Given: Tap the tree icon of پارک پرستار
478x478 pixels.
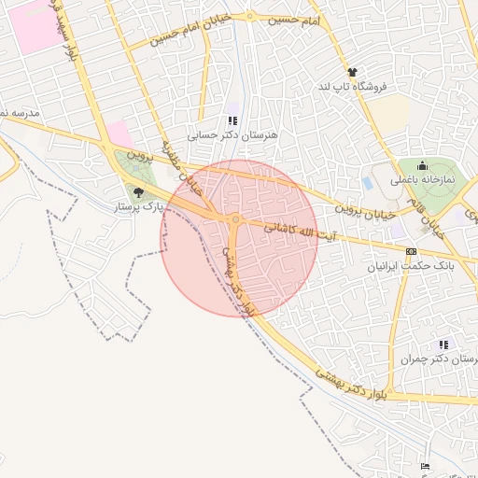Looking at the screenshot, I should point(139,193).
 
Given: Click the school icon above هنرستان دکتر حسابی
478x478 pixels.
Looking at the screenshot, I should point(233,120).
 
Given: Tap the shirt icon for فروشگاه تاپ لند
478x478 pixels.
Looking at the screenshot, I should point(351,72).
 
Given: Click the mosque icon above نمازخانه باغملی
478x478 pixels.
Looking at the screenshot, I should point(422,165).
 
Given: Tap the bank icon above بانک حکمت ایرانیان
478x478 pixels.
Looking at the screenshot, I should point(412,251).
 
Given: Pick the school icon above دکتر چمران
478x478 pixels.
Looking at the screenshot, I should point(443,344).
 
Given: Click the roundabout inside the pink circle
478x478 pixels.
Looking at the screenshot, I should point(235,220).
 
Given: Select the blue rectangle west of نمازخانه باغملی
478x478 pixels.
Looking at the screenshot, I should point(367,184).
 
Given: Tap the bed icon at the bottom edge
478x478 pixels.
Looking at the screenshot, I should point(426,466).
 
